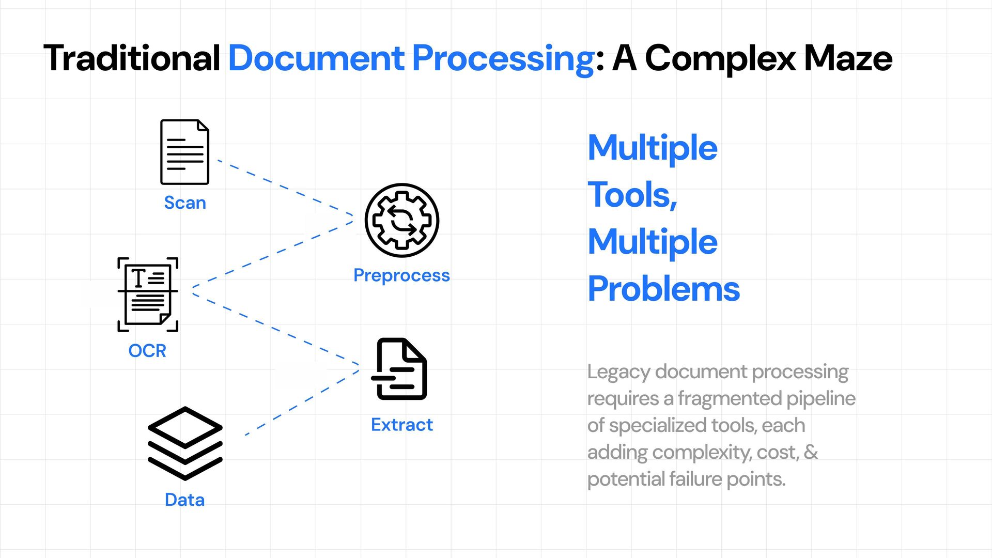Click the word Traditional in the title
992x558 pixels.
pyautogui.click(x=132, y=58)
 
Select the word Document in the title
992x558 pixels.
pyautogui.click(x=316, y=58)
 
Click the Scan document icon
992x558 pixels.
pyautogui.click(x=184, y=152)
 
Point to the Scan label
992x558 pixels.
pyautogui.click(x=185, y=203)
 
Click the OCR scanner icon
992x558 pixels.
pyautogui.click(x=148, y=294)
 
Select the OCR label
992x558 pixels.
pyautogui.click(x=147, y=351)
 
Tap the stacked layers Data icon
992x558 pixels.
pyautogui.click(x=185, y=443)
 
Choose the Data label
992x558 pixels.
pyautogui.click(x=184, y=500)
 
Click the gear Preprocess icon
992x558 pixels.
pyautogui.click(x=401, y=220)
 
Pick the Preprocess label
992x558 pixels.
pyautogui.click(x=401, y=275)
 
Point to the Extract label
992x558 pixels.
pyautogui.click(x=401, y=425)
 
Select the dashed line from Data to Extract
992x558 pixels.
pyautogui.click(x=302, y=401)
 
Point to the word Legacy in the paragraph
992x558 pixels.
pyautogui.click(x=618, y=372)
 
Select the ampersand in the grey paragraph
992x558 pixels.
pyautogui.click(x=811, y=453)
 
